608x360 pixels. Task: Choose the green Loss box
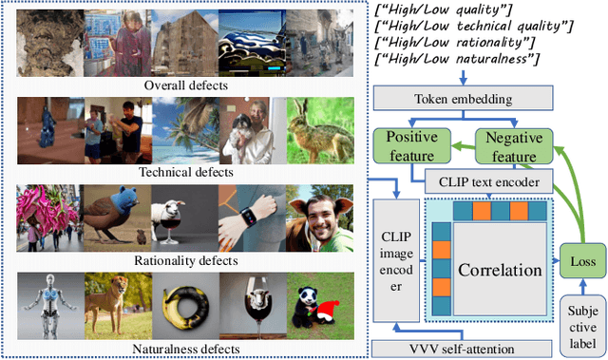point(579,259)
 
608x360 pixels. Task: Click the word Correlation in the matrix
point(500,269)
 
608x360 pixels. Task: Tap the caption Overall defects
point(186,85)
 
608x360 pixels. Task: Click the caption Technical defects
point(186,172)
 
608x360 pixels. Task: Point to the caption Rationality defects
point(186,259)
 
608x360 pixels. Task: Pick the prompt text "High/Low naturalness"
point(457,60)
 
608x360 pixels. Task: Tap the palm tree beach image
point(185,130)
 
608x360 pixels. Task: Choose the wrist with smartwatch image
point(253,218)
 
